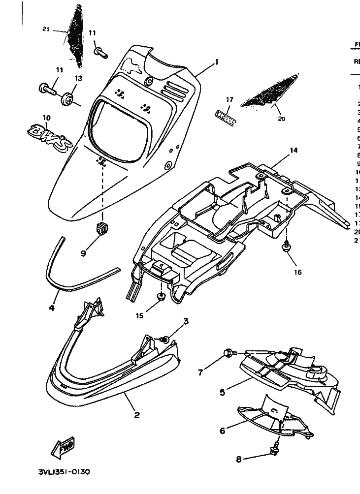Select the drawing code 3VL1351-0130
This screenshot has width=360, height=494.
(x=64, y=471)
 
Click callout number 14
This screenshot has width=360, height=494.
(x=294, y=150)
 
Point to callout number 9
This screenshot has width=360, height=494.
(x=83, y=253)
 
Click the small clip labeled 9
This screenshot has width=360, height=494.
(x=101, y=228)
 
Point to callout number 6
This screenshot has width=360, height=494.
(x=222, y=430)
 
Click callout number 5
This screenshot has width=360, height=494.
(x=222, y=392)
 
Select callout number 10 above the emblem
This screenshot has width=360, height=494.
(x=47, y=118)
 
